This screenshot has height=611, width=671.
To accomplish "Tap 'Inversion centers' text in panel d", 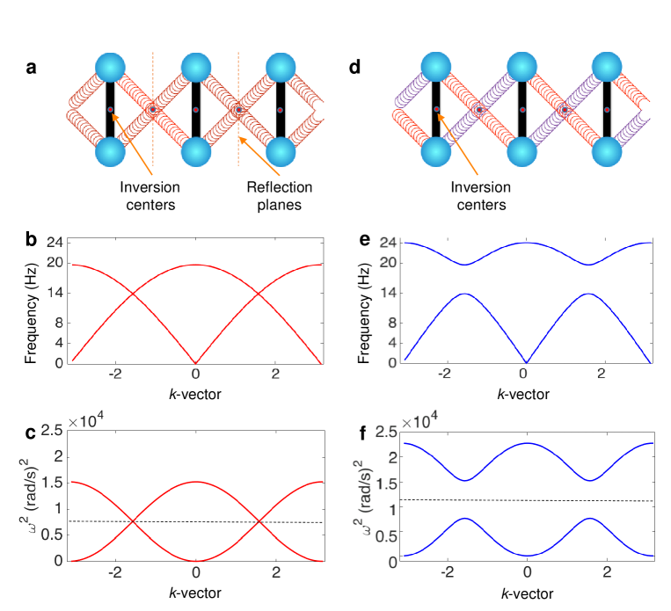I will [x=478, y=196].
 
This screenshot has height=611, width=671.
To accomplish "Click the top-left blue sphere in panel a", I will [x=110, y=69].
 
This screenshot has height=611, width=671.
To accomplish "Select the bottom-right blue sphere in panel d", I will [x=607, y=150].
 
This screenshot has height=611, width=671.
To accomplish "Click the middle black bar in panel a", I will [x=195, y=110].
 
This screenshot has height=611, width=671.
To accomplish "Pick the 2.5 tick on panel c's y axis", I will [x=50, y=431].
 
